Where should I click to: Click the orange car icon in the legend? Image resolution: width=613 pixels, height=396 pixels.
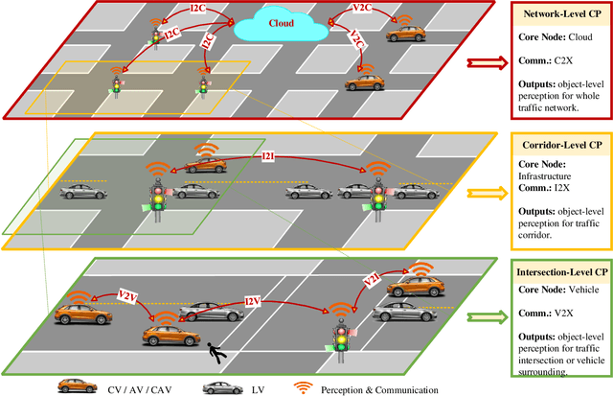(x=79, y=386)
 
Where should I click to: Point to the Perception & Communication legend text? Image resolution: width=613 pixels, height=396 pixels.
(x=383, y=387)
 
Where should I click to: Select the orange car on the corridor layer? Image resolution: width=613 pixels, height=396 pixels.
(x=205, y=165)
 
